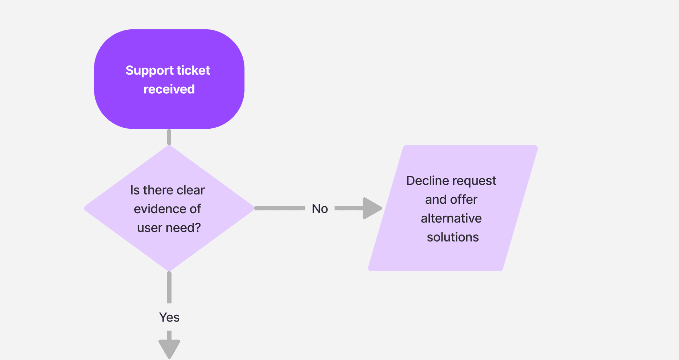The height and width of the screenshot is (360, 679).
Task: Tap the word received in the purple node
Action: tap(169, 89)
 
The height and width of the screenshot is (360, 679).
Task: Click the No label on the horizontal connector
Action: tap(320, 209)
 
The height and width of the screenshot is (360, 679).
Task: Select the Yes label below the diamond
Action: tap(169, 317)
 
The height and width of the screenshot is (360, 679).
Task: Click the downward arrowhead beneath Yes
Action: tap(169, 348)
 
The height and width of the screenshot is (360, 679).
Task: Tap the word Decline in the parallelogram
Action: tap(428, 181)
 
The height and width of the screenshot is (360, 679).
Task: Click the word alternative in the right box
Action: tap(451, 218)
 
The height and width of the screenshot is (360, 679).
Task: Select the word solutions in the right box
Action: tap(453, 237)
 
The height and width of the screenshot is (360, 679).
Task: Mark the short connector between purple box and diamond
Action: tap(169, 137)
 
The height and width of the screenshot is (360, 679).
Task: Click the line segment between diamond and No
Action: tap(279, 208)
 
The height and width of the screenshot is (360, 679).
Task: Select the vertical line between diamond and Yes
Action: tap(169, 287)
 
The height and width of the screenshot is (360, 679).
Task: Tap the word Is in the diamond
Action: tap(135, 190)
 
